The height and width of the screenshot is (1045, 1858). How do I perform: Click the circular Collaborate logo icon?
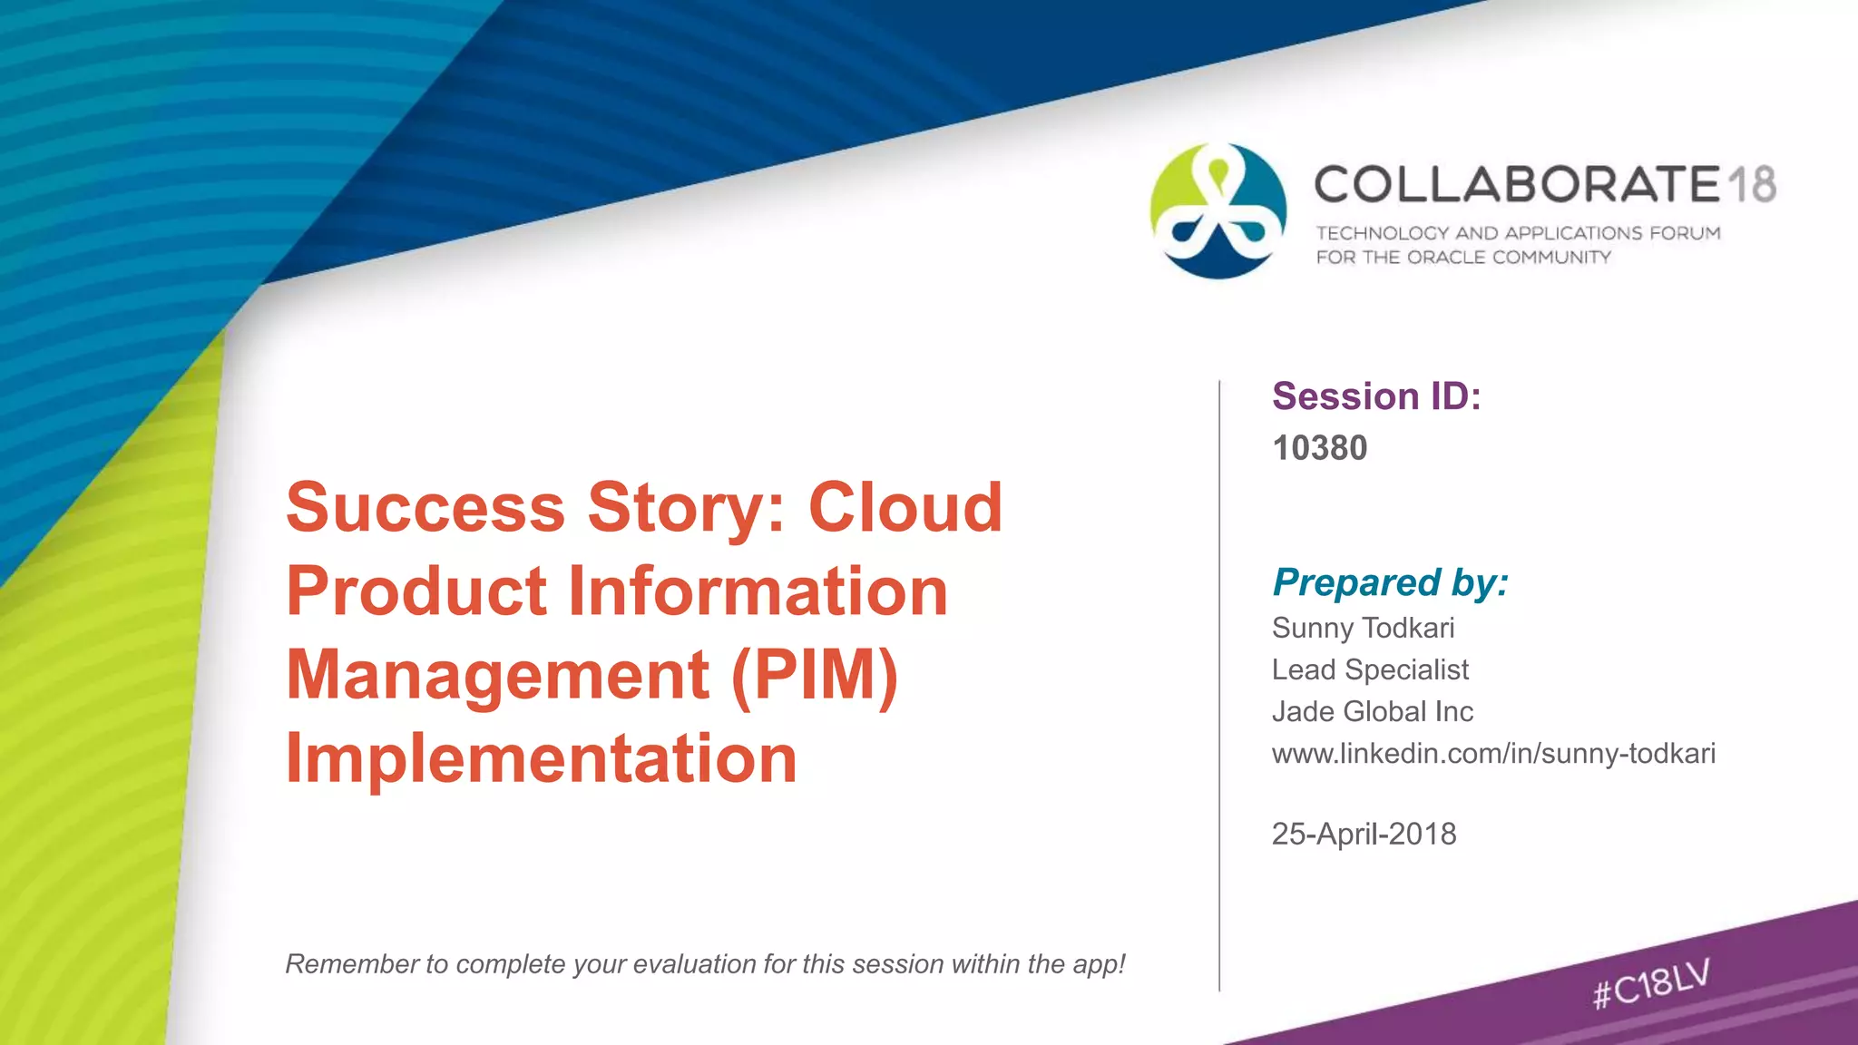pyautogui.click(x=1218, y=210)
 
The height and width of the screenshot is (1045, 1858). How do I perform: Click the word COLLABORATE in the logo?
pyautogui.click(x=1518, y=184)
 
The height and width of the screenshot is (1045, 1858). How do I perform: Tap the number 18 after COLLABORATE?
pyautogui.click(x=1751, y=184)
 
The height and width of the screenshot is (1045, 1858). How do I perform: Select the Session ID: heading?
pyautogui.click(x=1376, y=396)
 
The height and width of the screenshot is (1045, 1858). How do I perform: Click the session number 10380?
pyautogui.click(x=1319, y=448)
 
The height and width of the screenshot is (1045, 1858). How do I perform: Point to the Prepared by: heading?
pyautogui.click(x=1390, y=582)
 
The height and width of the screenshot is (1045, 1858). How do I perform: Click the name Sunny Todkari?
pyautogui.click(x=1363, y=628)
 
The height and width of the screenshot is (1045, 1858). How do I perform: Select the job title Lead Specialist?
pyautogui.click(x=1370, y=669)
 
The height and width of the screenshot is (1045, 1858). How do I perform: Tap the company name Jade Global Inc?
pyautogui.click(x=1373, y=711)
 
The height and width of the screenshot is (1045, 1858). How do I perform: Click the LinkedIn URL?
pyautogui.click(x=1493, y=753)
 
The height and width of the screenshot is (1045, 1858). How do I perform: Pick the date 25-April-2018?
pyautogui.click(x=1364, y=834)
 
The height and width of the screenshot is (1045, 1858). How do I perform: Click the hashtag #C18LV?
pyautogui.click(x=1651, y=983)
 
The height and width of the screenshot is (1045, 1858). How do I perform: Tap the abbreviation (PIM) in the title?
pyautogui.click(x=814, y=675)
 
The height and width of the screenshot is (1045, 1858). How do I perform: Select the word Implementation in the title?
pyautogui.click(x=542, y=758)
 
